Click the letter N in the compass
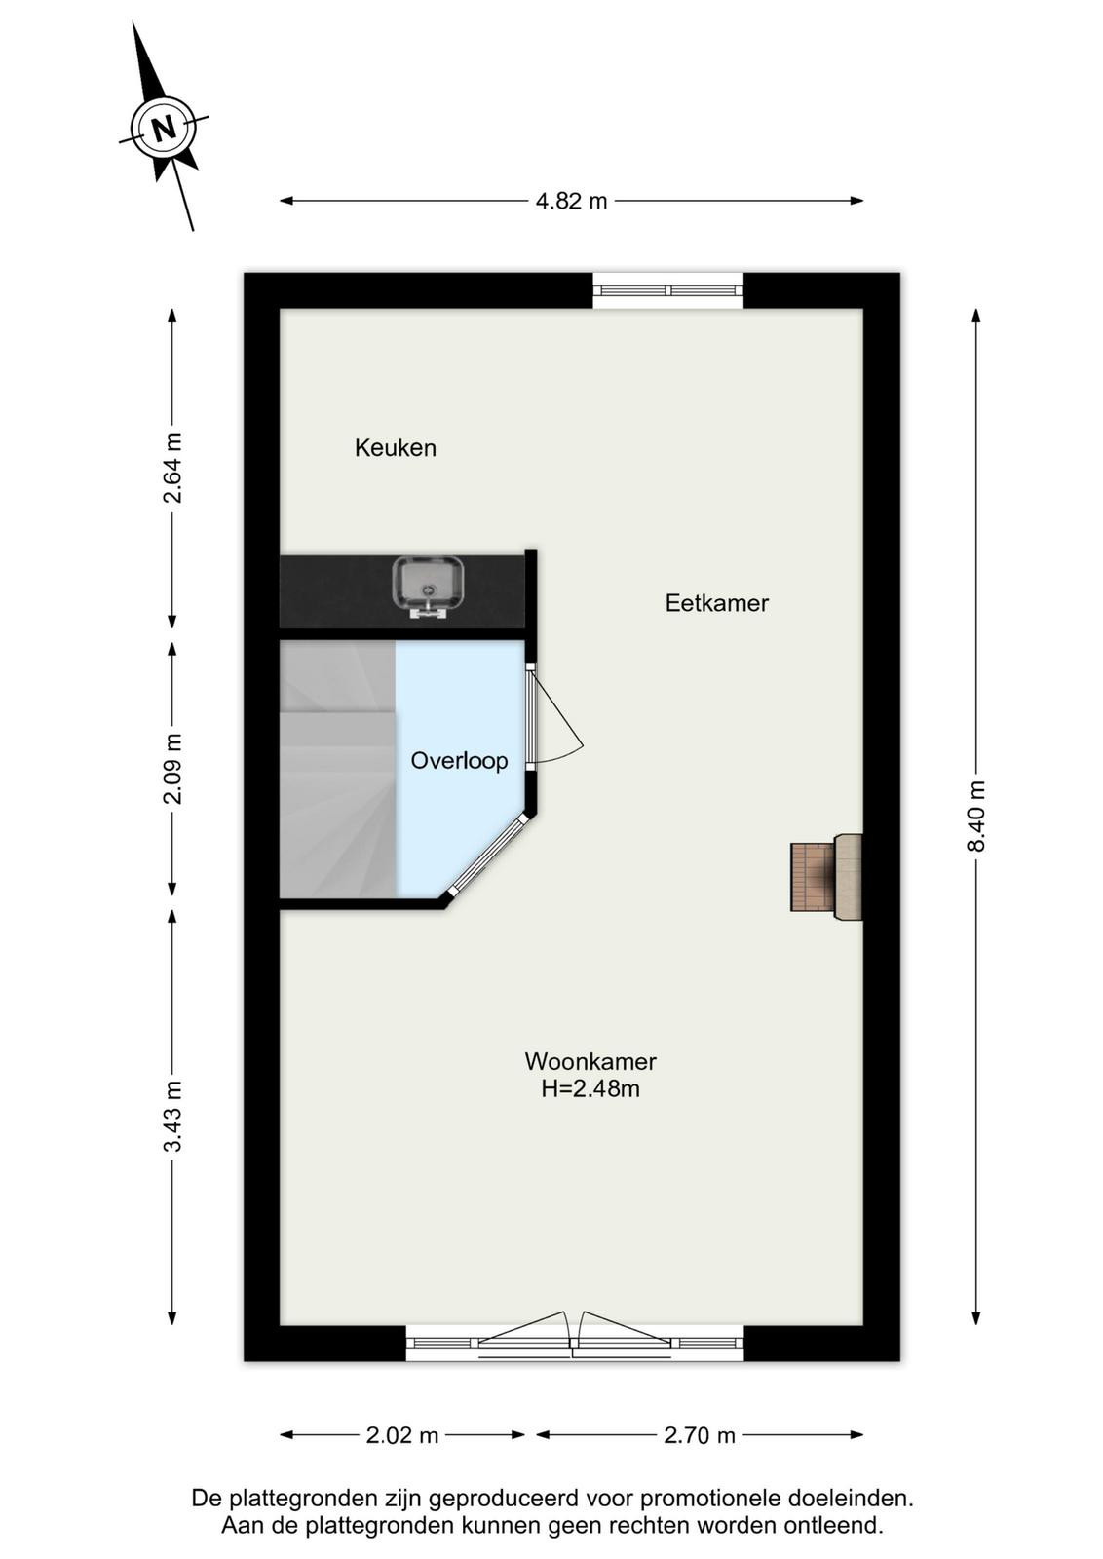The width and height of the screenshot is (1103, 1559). [164, 129]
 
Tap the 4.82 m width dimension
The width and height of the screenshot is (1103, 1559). [571, 202]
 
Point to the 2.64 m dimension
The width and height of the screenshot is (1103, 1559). [172, 468]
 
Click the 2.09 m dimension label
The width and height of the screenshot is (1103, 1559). [172, 769]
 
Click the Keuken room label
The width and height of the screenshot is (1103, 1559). [396, 448]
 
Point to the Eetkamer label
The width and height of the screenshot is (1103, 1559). [717, 603]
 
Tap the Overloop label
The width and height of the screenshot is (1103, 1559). [459, 761]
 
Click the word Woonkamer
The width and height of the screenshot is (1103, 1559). [590, 1061]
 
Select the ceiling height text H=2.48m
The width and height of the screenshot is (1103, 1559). [590, 1087]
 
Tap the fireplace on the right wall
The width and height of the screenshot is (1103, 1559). [826, 877]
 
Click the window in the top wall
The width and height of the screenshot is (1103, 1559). [668, 290]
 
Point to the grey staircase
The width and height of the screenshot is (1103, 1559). [337, 769]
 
